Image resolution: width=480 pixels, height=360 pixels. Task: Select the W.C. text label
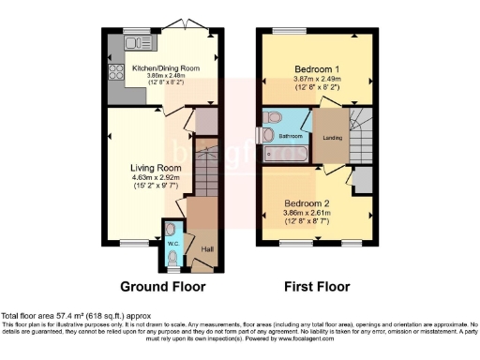click(x=172, y=244)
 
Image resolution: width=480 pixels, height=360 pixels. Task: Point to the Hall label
click(x=206, y=248)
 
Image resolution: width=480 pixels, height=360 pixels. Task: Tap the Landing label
click(x=332, y=139)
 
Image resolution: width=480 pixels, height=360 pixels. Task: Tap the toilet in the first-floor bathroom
click(x=273, y=117)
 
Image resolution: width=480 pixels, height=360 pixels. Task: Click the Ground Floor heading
click(x=157, y=286)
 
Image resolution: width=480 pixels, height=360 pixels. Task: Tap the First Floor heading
click(x=316, y=286)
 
